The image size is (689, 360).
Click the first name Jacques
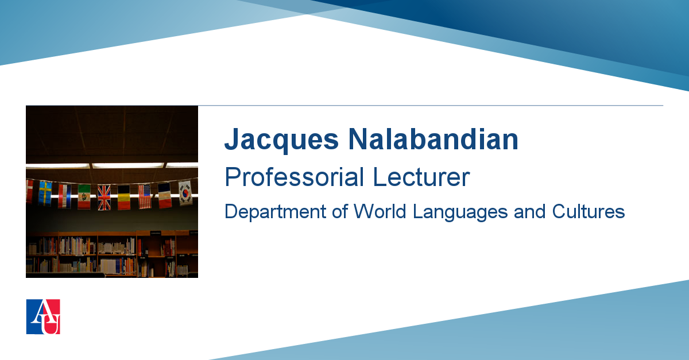(282, 140)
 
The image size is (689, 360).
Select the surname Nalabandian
(433, 139)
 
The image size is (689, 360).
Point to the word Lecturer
(421, 177)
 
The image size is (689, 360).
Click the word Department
(275, 212)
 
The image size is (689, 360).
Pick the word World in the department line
(380, 211)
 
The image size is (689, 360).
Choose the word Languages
(460, 212)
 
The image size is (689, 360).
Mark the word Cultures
(589, 211)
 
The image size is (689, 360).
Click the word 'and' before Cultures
(529, 211)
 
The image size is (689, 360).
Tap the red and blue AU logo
(43, 316)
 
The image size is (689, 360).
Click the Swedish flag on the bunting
(45, 193)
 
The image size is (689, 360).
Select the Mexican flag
(84, 196)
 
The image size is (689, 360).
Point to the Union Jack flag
(104, 198)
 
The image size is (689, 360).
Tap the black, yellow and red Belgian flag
(124, 198)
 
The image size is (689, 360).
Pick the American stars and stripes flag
(145, 196)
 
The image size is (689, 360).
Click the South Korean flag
(185, 193)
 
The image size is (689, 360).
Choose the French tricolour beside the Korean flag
(165, 195)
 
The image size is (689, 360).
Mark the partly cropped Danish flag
(29, 192)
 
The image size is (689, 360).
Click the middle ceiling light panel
(128, 165)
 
